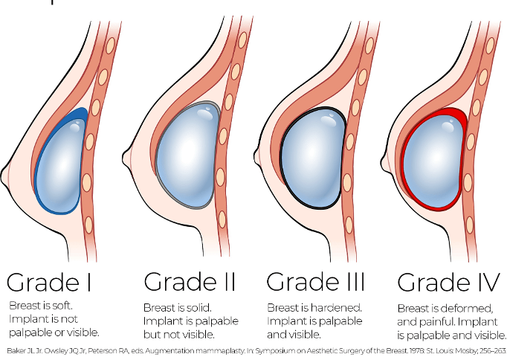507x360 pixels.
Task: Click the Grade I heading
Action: [x=48, y=282]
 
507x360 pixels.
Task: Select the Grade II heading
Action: [x=190, y=282]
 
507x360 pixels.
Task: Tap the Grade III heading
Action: [x=316, y=281]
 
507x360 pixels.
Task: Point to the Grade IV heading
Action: [x=448, y=282]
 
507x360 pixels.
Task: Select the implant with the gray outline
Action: [x=187, y=155]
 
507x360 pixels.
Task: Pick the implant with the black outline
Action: [x=313, y=158]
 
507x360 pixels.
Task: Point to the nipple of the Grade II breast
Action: [x=127, y=158]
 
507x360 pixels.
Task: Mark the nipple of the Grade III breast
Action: [x=258, y=156]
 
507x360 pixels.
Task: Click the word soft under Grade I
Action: [x=62, y=306]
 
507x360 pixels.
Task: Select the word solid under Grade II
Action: [x=196, y=307]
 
